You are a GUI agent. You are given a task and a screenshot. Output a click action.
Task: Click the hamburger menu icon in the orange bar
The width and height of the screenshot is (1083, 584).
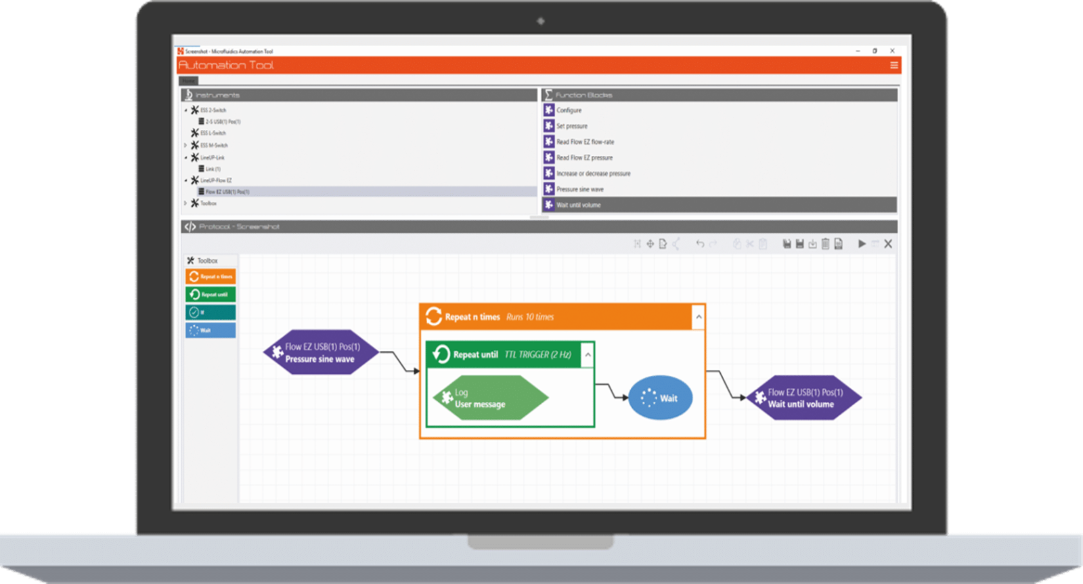893,66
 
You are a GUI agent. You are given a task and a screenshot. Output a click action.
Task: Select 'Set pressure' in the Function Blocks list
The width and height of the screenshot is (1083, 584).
572,126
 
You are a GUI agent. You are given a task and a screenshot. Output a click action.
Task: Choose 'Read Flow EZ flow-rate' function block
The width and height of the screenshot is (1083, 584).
585,142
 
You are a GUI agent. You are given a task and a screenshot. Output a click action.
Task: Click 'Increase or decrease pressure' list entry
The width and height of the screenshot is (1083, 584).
593,173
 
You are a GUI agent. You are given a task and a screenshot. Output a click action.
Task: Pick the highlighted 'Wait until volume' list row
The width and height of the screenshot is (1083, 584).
579,205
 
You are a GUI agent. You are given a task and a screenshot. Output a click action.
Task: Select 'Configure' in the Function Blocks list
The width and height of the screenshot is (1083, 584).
569,110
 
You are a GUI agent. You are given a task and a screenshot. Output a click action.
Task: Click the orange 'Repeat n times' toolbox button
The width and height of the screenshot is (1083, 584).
211,276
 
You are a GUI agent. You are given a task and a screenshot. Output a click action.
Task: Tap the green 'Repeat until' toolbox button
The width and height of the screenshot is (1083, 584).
211,294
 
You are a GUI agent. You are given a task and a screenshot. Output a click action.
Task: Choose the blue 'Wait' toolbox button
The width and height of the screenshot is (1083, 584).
211,330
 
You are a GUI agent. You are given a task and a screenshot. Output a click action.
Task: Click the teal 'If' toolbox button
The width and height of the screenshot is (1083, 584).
211,312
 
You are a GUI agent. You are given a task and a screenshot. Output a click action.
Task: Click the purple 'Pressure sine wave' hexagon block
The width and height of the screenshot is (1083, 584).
320,352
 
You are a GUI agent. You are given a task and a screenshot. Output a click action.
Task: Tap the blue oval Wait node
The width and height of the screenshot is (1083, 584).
660,398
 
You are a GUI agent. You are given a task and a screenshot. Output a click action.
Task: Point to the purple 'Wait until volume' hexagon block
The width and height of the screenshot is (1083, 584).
803,398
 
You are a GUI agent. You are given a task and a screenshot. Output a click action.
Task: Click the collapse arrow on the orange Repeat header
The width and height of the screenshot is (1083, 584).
699,316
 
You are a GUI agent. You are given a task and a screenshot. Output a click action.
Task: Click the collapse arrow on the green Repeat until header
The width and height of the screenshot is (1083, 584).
588,354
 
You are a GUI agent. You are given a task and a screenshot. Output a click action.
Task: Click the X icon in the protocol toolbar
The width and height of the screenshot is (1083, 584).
888,244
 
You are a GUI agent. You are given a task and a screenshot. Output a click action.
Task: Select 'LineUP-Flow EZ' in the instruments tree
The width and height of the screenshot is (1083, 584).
216,180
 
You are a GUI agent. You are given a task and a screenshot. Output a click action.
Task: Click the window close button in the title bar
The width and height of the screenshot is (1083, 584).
892,51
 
